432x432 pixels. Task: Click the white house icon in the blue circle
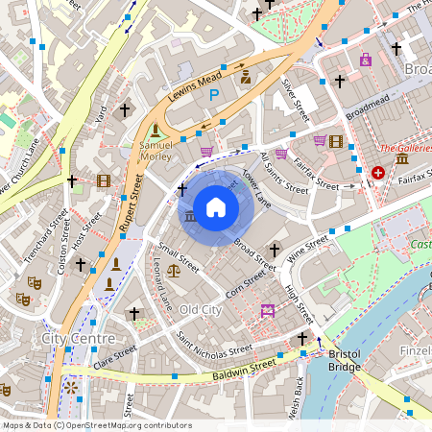216,206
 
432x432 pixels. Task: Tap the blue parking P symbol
215,94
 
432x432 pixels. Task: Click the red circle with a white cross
378,173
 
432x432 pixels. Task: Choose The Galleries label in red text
405,149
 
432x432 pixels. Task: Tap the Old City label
201,310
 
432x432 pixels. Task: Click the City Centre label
79,339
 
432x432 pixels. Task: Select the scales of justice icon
173,272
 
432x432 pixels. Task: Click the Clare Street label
116,356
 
